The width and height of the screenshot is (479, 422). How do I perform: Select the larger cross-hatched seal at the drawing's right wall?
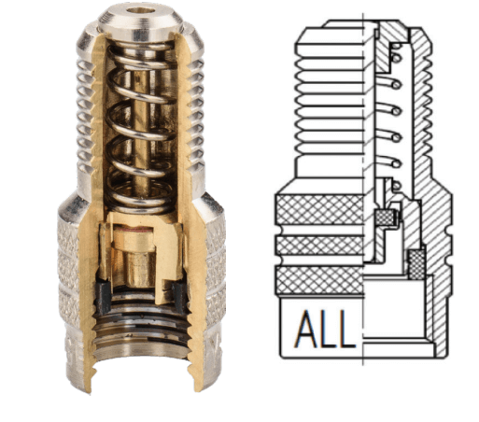[416, 263]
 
